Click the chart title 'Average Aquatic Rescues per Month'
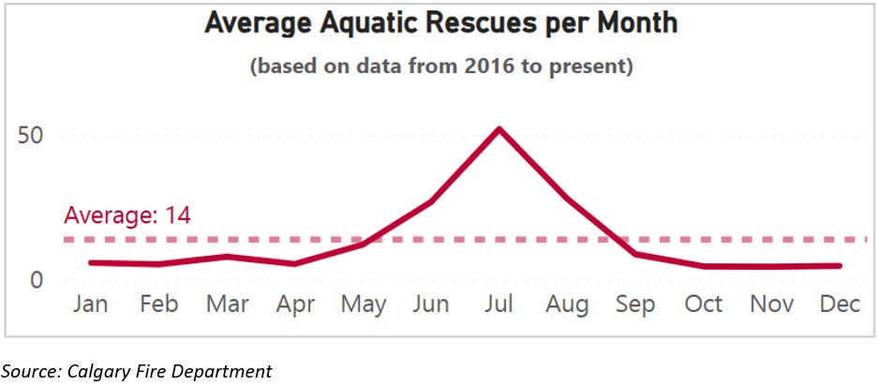(439, 23)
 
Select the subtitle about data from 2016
(440, 67)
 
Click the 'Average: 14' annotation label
(127, 215)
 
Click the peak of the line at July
(499, 128)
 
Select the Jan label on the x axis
(91, 304)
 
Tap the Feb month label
(158, 304)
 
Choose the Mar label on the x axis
(227, 304)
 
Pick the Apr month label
(295, 304)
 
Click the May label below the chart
(363, 304)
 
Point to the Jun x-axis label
(431, 304)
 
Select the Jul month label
(499, 304)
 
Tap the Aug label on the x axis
(567, 304)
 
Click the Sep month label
(635, 304)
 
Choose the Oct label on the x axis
(704, 304)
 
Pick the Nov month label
(771, 304)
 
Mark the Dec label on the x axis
(840, 304)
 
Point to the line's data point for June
(431, 201)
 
